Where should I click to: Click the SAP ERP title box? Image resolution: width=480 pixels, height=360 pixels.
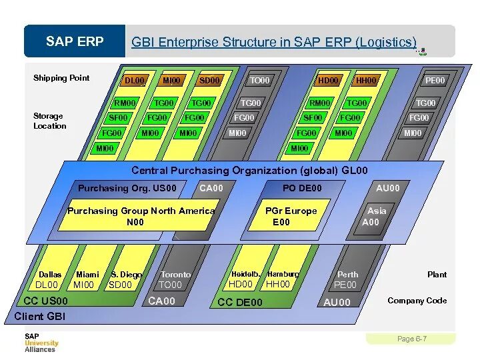(75, 41)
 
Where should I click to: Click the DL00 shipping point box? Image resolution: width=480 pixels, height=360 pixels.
(135, 81)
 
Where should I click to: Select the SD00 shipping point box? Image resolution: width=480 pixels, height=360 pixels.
(209, 81)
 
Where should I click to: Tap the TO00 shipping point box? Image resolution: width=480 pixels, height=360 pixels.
(259, 81)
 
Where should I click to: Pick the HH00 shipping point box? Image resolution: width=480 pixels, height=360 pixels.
(366, 81)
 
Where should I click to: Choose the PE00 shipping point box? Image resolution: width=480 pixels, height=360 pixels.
(435, 81)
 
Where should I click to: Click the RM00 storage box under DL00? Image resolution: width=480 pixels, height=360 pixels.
(125, 103)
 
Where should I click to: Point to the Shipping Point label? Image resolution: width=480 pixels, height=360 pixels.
(61, 78)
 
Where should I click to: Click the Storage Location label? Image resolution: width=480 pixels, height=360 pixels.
(50, 121)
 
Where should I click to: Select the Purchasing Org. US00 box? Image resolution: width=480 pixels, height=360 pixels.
(127, 188)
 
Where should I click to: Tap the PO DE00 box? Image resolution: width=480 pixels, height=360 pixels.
(302, 188)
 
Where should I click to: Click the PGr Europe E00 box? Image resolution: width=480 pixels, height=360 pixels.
(291, 216)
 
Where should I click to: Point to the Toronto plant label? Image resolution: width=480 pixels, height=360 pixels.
(176, 275)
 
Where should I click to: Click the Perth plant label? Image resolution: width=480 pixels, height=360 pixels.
(347, 275)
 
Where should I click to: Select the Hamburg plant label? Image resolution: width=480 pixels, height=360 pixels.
(283, 274)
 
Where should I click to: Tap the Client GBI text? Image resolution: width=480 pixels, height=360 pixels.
(40, 316)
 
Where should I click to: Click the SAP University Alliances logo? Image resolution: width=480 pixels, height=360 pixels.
(41, 342)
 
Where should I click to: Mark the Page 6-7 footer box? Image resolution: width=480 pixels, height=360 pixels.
(411, 339)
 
